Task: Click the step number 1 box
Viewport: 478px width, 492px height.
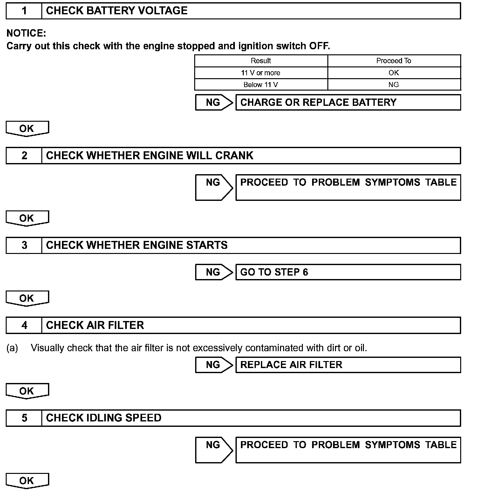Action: tap(24, 11)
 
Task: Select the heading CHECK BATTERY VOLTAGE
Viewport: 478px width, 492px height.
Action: tap(117, 11)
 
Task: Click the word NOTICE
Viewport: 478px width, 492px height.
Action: tap(26, 33)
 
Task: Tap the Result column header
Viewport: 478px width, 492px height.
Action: tap(261, 61)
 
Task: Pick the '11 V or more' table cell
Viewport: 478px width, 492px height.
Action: tap(261, 73)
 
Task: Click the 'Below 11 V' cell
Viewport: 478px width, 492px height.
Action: tap(261, 85)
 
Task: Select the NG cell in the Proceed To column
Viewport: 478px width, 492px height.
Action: tap(393, 85)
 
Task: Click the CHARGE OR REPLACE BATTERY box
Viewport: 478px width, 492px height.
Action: tap(348, 102)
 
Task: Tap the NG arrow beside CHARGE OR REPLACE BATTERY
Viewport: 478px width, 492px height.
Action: tap(214, 102)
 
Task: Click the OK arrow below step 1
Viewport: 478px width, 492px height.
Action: tap(27, 128)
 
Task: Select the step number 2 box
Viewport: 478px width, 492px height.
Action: tap(24, 155)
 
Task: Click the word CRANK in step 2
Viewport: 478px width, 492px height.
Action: tap(234, 155)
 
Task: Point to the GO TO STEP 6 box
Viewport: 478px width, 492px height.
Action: tap(348, 272)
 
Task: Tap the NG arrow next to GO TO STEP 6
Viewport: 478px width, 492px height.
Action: tap(214, 272)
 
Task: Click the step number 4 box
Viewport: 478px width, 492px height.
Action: tap(24, 325)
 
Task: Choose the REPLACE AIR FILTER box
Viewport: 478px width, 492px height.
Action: tap(348, 365)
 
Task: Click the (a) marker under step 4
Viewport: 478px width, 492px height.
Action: tap(12, 348)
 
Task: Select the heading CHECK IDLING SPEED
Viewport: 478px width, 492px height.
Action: tap(104, 418)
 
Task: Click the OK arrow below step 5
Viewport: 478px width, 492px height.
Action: tap(27, 480)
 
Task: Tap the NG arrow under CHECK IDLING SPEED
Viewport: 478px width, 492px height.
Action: tap(214, 449)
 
